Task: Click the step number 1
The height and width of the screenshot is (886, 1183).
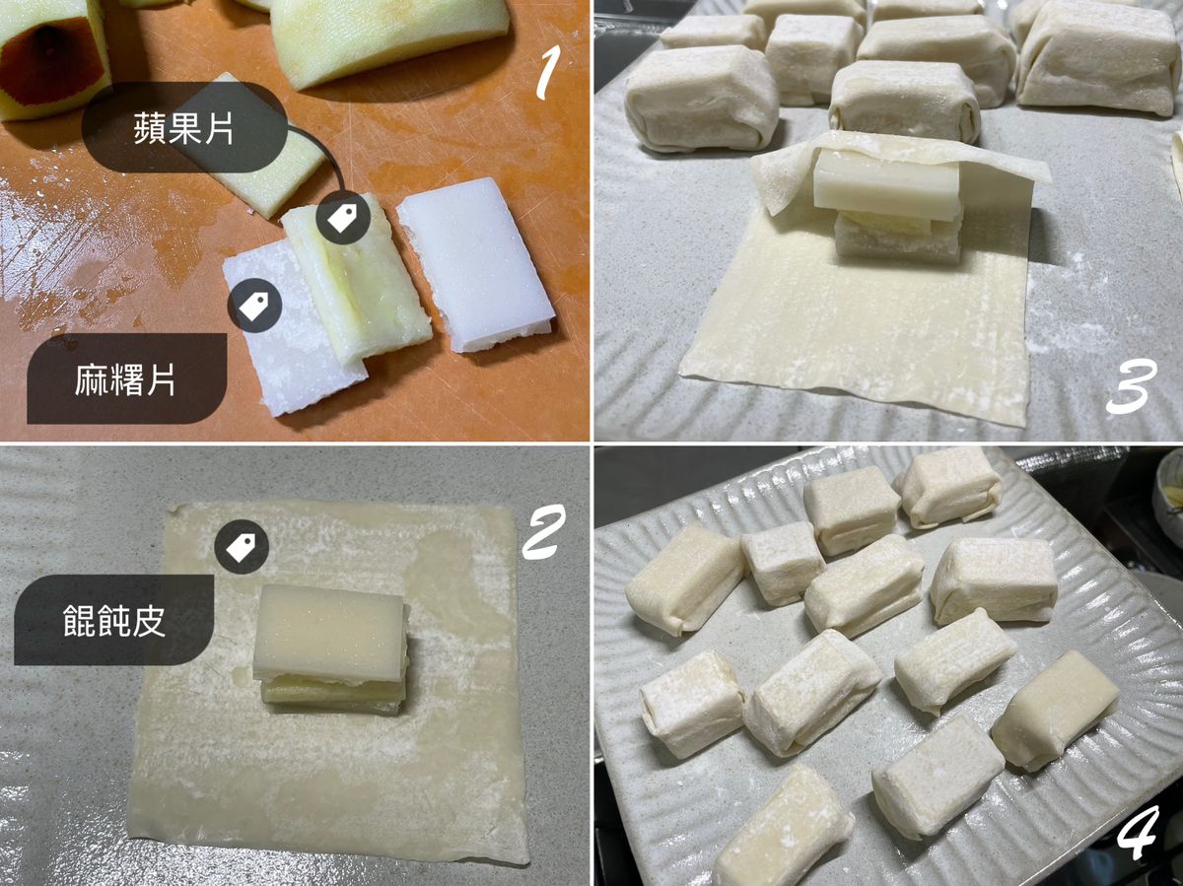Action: [547, 72]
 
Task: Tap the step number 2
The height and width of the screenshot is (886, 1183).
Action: [544, 531]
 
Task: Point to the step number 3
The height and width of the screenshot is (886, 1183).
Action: [1131, 387]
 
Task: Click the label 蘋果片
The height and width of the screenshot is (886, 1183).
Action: [183, 128]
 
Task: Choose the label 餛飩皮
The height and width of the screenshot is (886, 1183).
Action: [113, 620]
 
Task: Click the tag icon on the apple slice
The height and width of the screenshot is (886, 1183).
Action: [343, 219]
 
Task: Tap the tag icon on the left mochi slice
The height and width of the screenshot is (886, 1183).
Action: [254, 306]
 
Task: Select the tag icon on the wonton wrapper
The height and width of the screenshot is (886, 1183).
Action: [242, 546]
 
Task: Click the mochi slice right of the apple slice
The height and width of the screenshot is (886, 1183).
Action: [475, 264]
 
